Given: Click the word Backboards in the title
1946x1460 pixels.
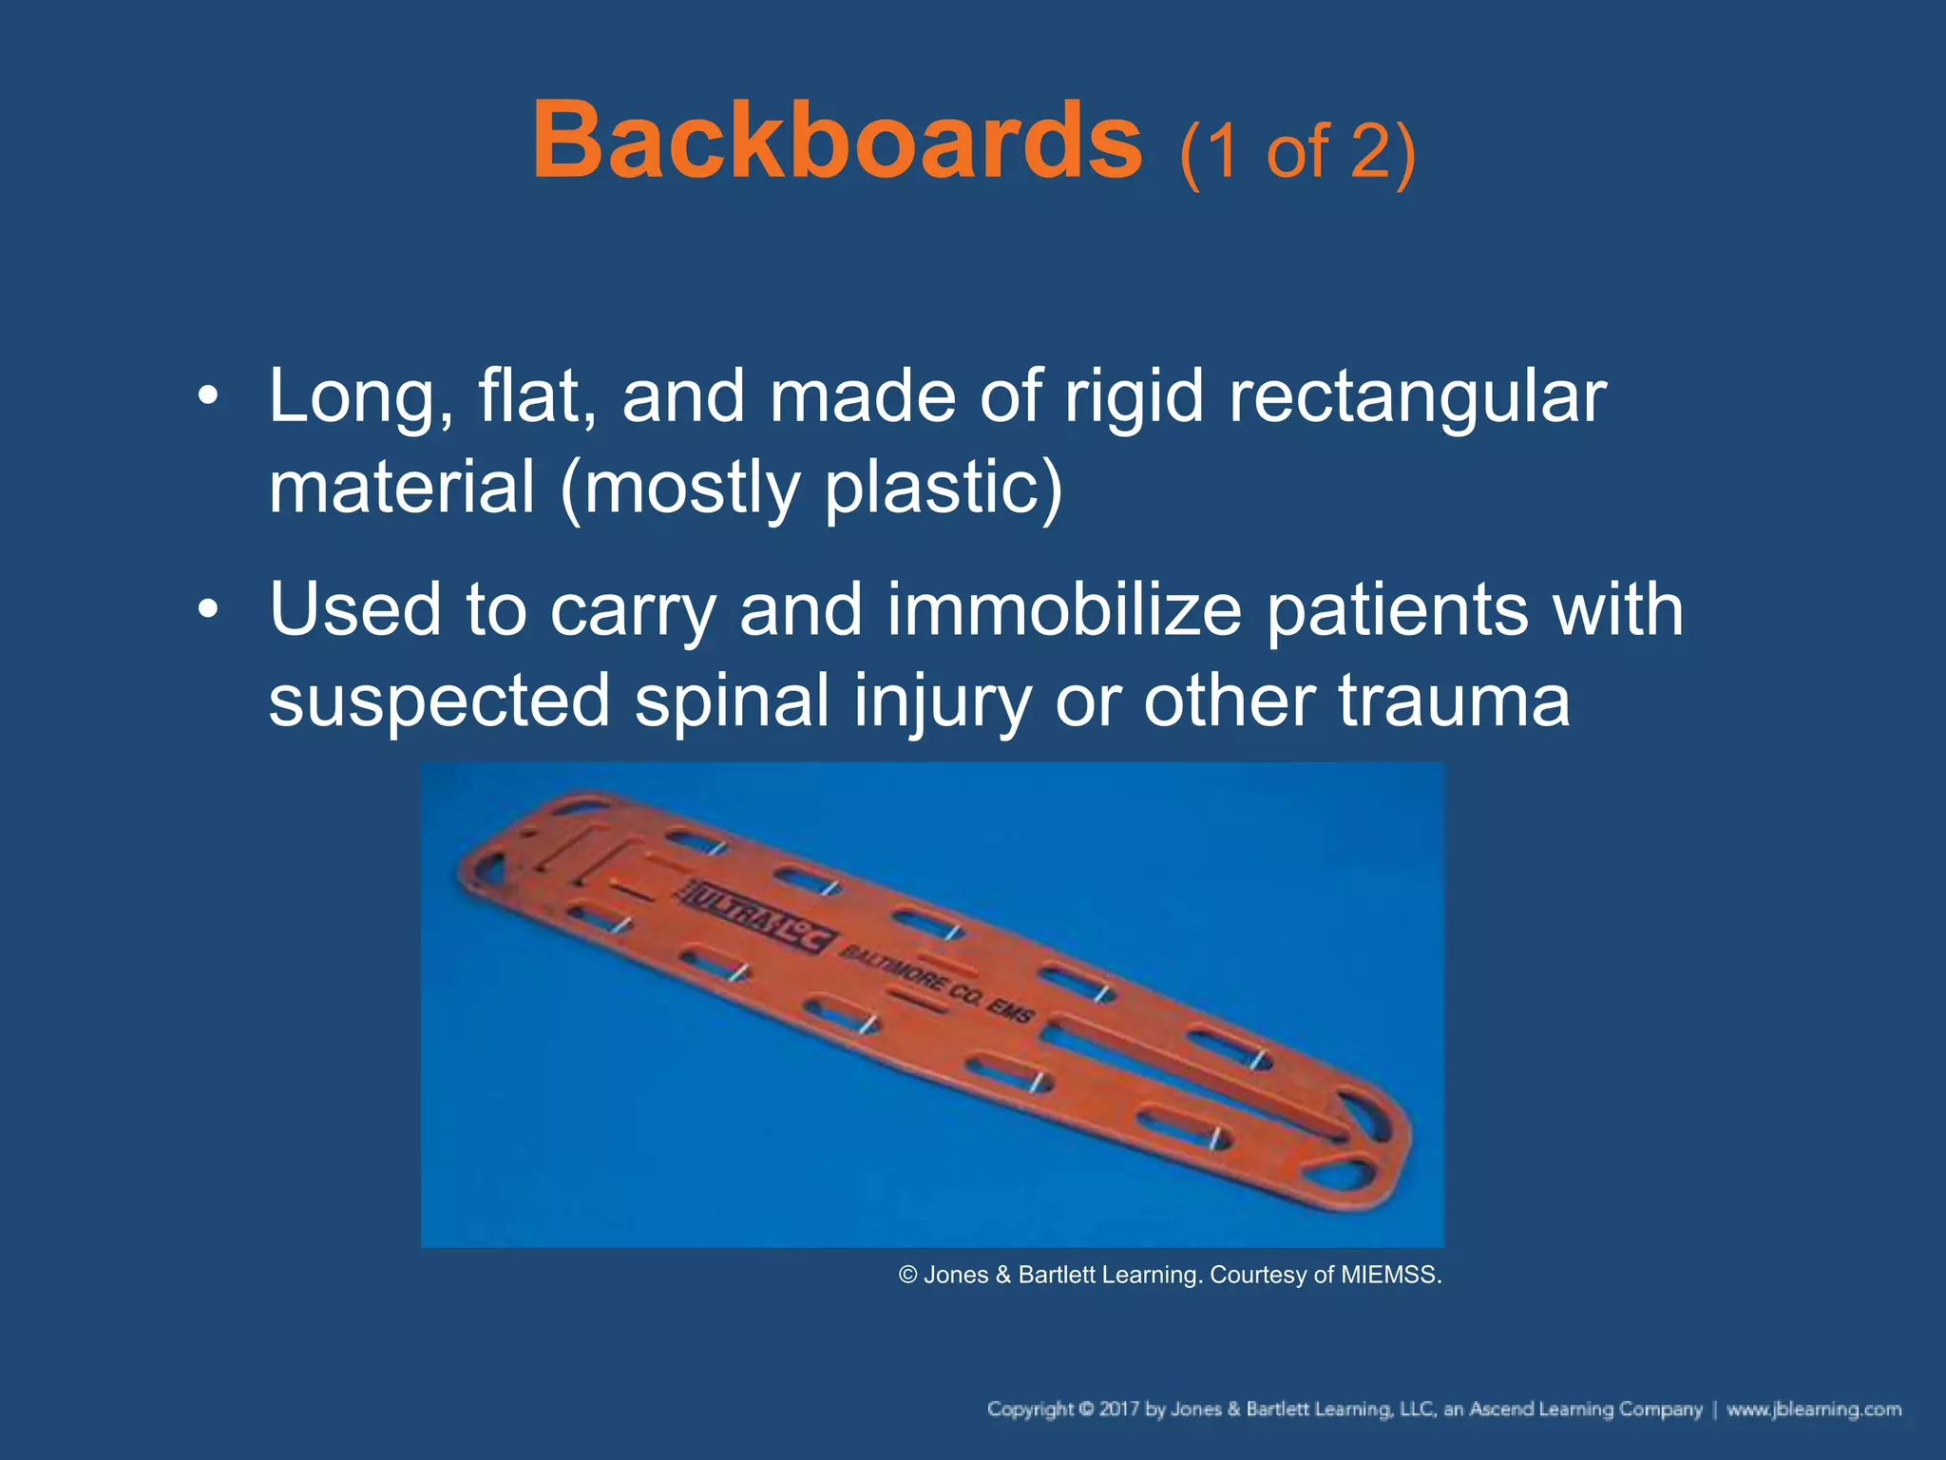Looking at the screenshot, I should coord(836,143).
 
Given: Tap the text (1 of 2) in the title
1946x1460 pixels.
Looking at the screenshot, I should coord(1297,152).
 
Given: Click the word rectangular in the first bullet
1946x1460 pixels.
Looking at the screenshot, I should coord(1417,397).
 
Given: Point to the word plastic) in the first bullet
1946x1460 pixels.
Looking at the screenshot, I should coord(944,489).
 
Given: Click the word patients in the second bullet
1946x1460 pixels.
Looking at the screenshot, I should coord(1397,610).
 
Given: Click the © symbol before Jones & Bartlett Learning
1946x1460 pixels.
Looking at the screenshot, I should coord(908,1275).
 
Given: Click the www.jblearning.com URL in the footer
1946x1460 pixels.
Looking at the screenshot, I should coord(1813,1410).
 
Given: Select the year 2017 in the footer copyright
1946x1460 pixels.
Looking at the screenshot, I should coord(1118,1410).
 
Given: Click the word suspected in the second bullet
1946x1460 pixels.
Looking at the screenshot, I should coord(439,701).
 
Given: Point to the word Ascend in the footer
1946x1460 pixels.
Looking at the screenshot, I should coord(1502,1410).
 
